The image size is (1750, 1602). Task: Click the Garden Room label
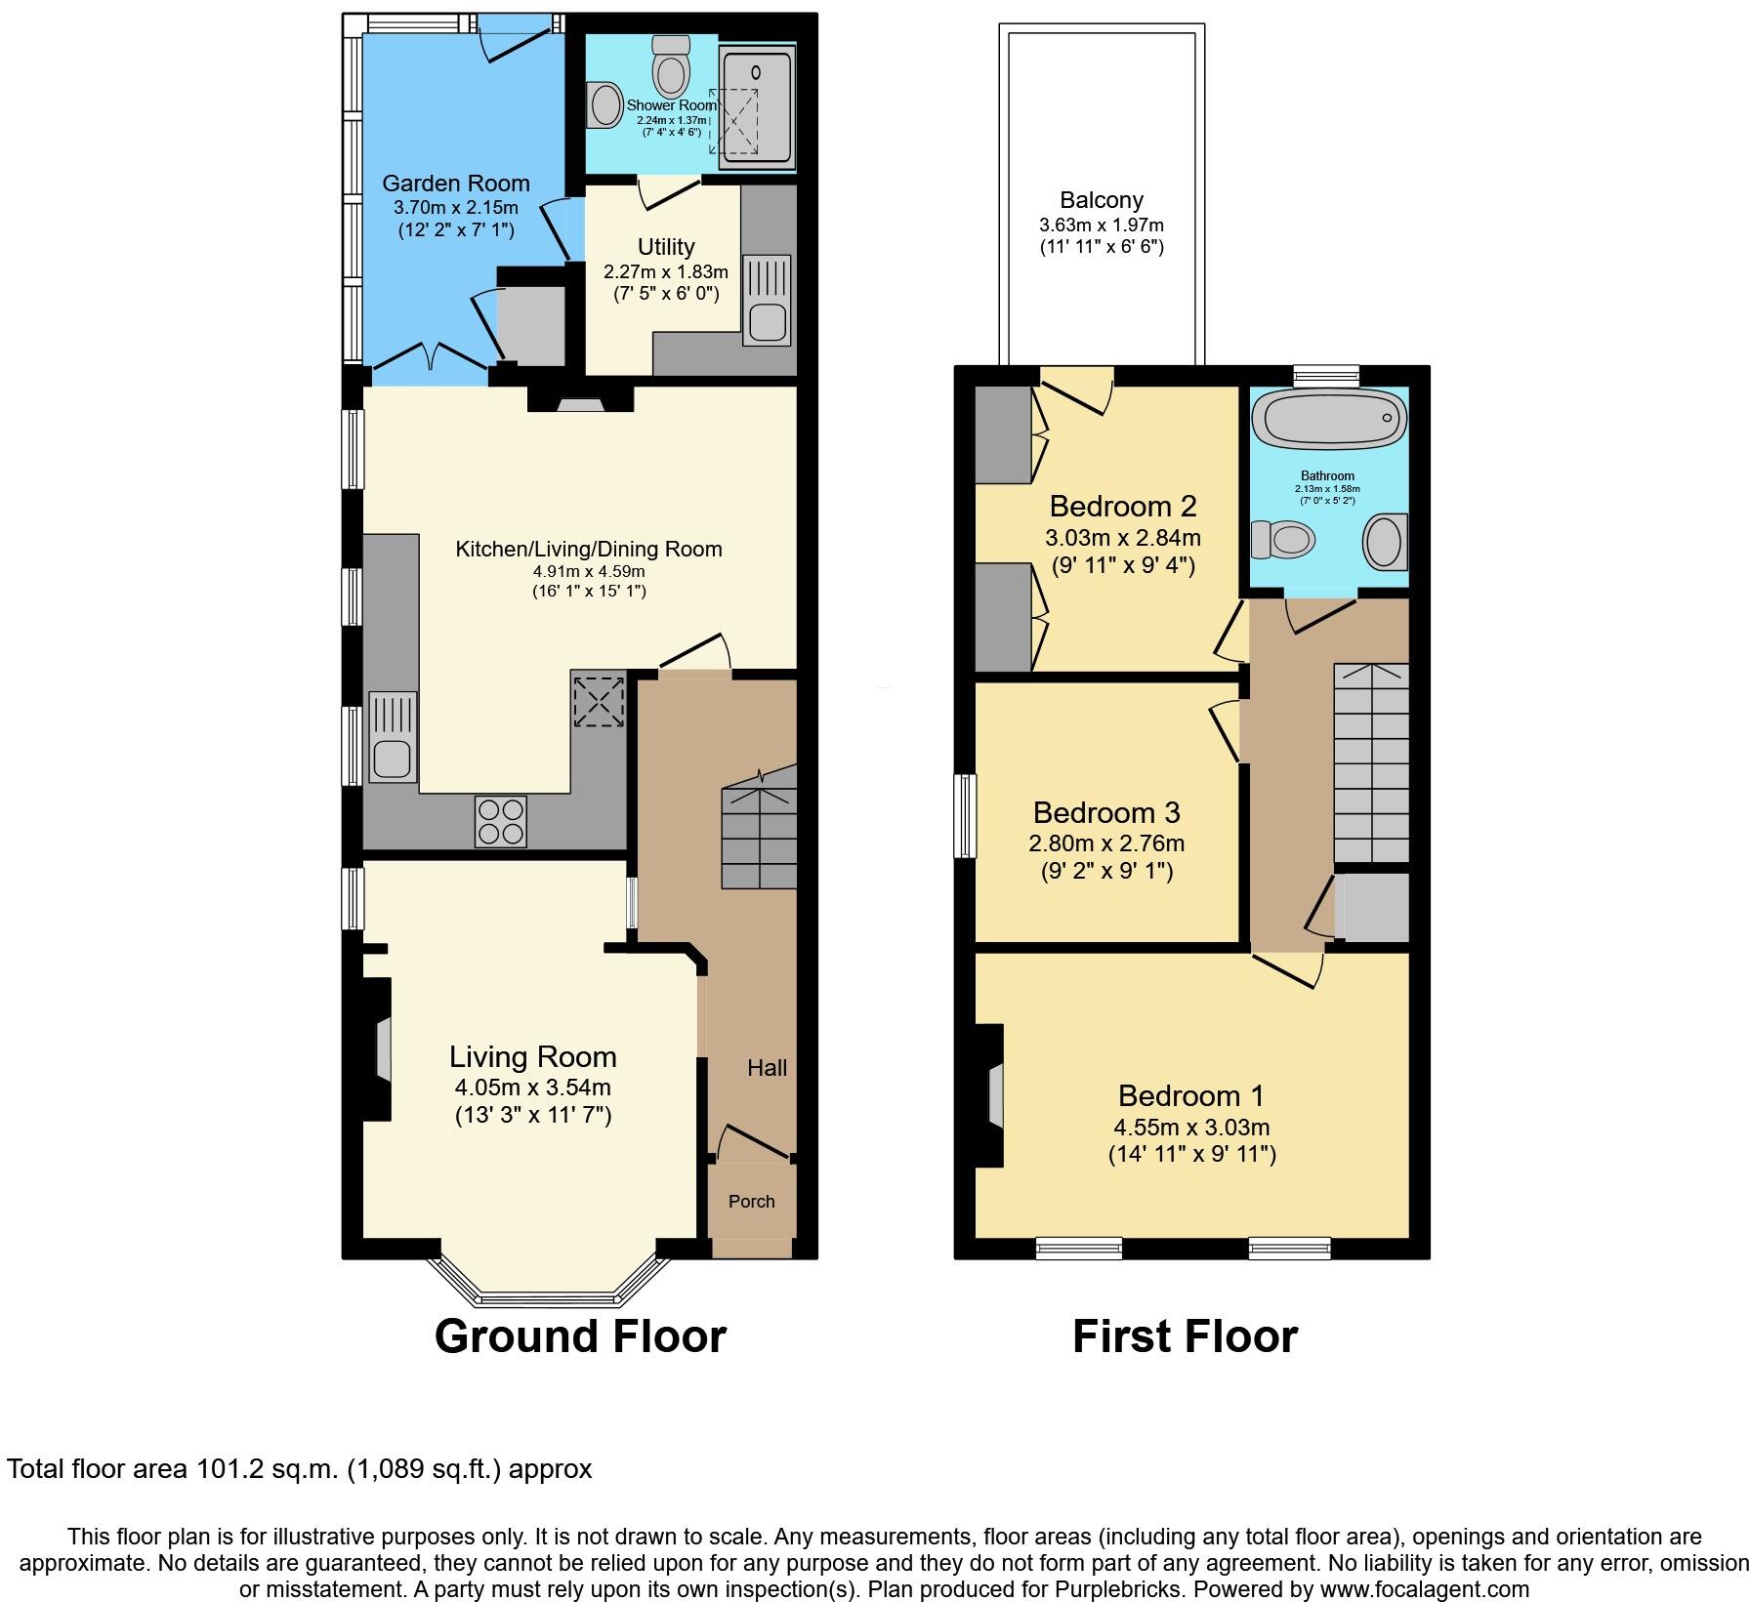tap(455, 183)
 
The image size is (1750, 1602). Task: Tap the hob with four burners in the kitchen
tap(501, 821)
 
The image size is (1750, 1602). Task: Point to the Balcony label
tap(1102, 200)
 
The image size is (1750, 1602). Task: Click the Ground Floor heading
tap(580, 1335)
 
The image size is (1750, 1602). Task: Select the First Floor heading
tap(1185, 1335)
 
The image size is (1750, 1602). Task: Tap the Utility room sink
tap(767, 299)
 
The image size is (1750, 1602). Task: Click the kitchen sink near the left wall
tap(393, 736)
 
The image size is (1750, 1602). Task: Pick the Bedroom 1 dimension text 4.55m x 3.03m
tap(1191, 1127)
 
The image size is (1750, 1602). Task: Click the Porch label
tap(751, 1201)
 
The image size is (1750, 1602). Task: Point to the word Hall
tap(767, 1068)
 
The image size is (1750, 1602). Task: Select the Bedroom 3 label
tap(1106, 812)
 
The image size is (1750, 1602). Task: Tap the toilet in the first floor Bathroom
tap(1283, 538)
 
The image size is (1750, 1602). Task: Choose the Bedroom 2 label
tap(1123, 506)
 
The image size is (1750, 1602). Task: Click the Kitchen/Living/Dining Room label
tap(589, 549)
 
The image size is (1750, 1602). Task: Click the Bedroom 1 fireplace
tap(989, 1094)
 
